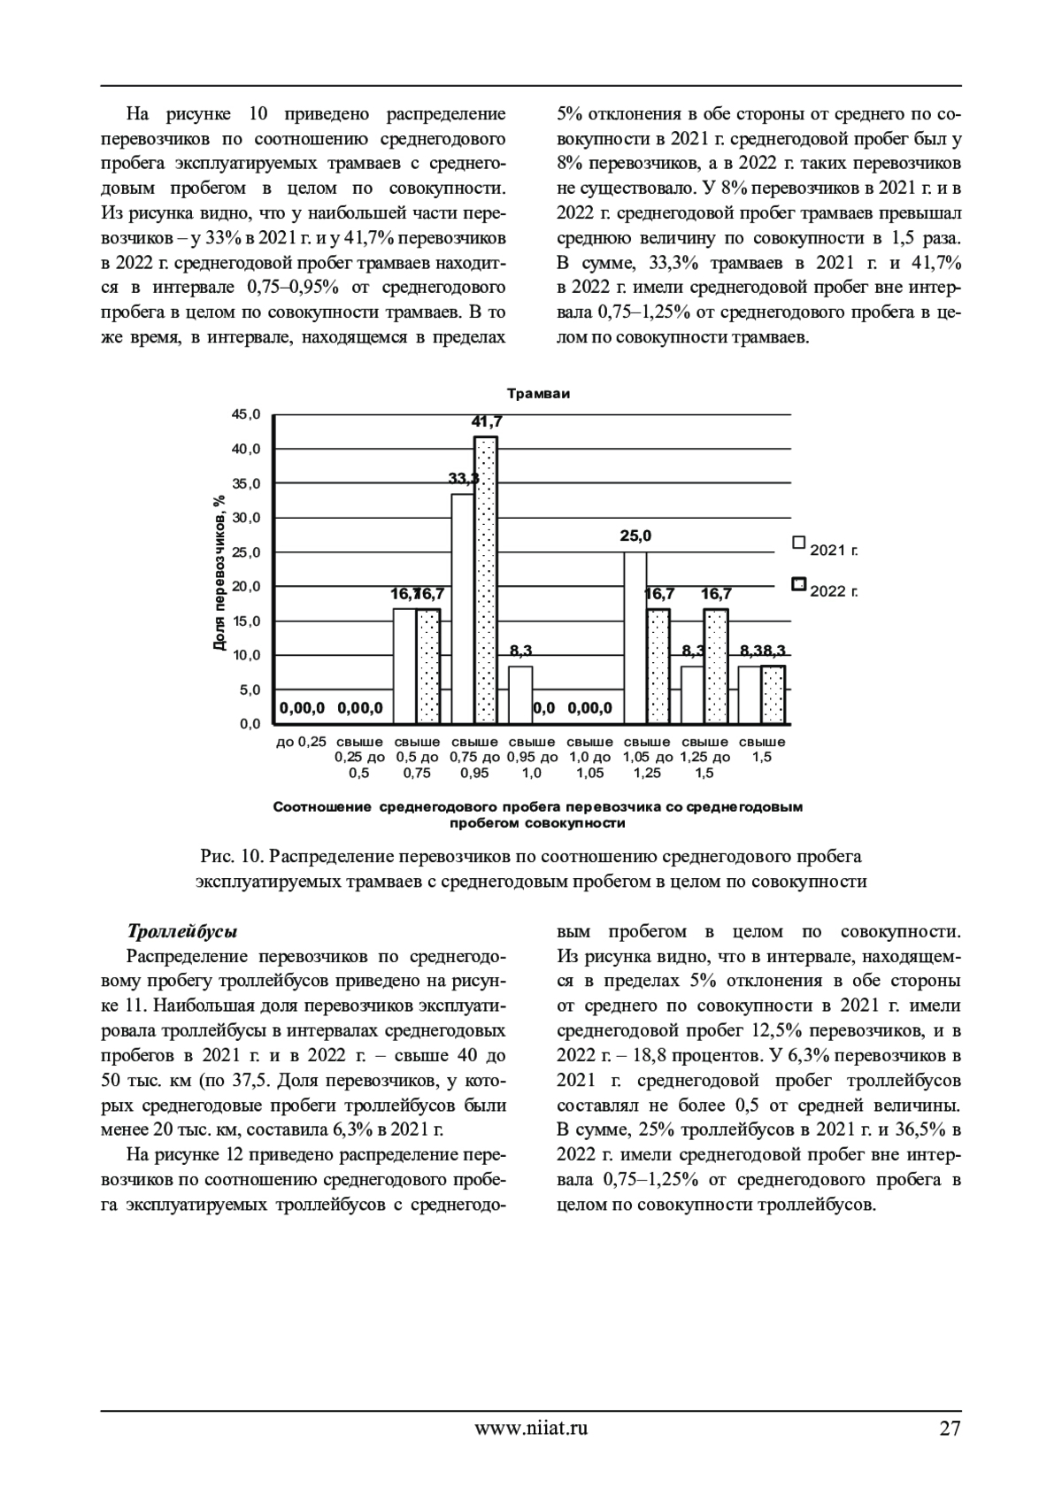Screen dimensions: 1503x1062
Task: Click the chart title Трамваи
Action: tap(538, 394)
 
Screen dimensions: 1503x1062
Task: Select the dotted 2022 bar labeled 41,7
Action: tap(486, 580)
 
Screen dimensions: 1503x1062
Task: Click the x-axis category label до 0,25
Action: tap(301, 742)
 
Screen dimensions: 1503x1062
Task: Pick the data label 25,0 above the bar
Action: tap(635, 536)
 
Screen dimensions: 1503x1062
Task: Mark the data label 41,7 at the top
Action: tap(486, 421)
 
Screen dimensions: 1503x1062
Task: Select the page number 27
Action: tap(950, 1427)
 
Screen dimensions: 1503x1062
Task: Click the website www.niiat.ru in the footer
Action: tap(531, 1427)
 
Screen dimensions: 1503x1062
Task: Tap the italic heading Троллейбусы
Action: tap(182, 932)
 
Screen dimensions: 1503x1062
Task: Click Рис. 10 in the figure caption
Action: tap(232, 857)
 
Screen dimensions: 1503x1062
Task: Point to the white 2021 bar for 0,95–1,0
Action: tap(520, 695)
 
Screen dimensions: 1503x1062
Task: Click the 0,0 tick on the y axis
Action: tap(249, 723)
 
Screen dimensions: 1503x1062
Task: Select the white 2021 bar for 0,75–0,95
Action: tap(462, 608)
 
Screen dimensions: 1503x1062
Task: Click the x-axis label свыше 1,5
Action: tap(762, 749)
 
